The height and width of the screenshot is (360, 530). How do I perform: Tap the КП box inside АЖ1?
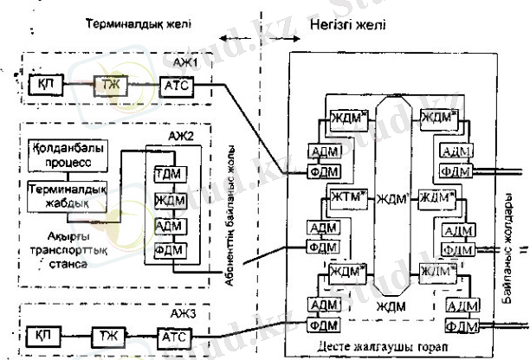tap(42, 85)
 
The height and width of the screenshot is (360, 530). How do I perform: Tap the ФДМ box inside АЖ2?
tap(165, 250)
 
